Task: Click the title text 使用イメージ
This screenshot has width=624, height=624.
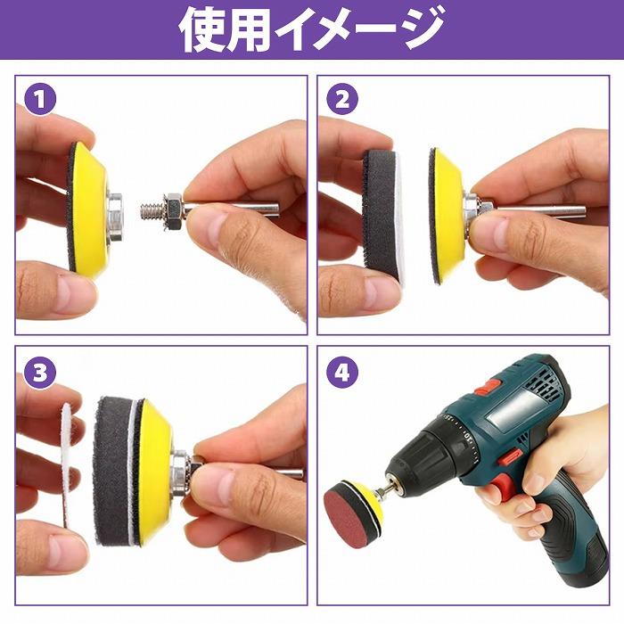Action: (x=311, y=29)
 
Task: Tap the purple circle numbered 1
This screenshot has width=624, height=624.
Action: (x=39, y=99)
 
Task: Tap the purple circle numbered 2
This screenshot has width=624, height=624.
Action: (x=341, y=99)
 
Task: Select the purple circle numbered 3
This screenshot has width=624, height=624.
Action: (x=39, y=372)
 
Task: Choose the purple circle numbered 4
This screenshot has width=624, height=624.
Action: (x=341, y=372)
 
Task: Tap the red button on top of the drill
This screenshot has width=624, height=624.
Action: (x=487, y=386)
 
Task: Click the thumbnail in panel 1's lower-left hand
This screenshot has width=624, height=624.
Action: (x=75, y=295)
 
